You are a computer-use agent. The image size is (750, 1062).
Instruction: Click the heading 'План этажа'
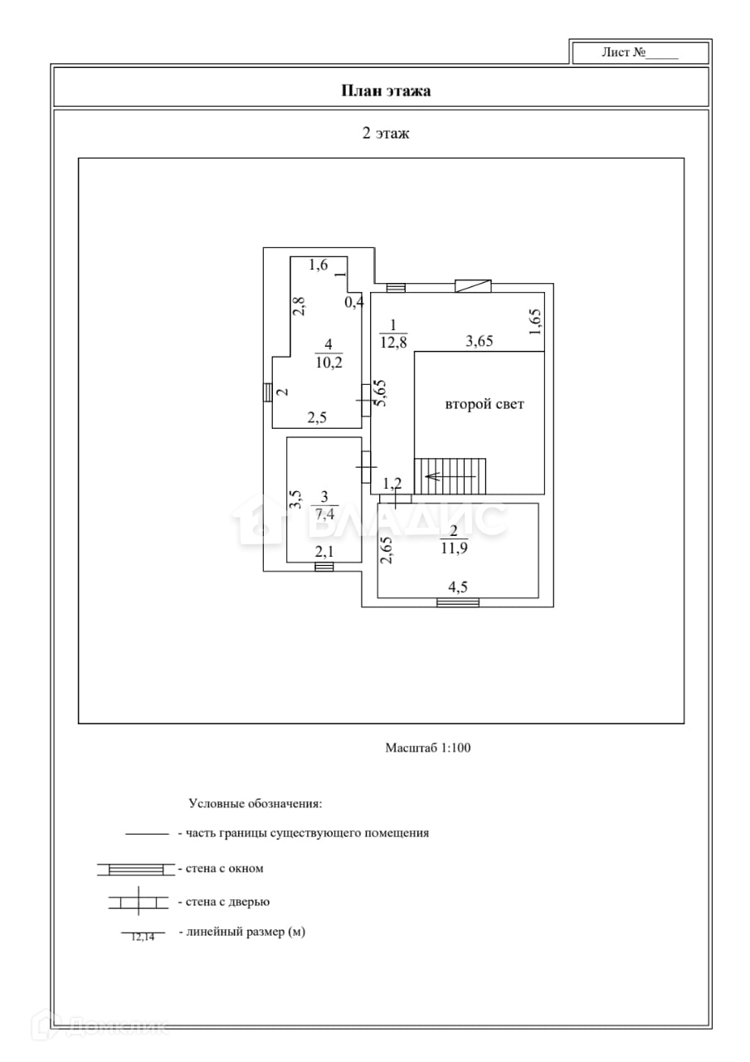point(386,90)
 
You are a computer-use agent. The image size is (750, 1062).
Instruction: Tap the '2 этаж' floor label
point(386,133)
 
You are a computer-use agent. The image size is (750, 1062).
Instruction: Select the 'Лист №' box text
point(640,52)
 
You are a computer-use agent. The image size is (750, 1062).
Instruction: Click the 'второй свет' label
point(485,405)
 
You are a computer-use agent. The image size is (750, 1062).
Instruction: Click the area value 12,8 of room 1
point(393,340)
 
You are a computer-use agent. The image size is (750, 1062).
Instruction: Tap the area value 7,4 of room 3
point(324,513)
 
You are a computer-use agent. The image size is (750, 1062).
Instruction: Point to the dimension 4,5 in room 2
point(457,587)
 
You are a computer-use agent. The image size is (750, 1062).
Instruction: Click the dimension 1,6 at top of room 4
point(319,265)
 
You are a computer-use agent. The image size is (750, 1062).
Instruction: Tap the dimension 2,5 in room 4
point(316,418)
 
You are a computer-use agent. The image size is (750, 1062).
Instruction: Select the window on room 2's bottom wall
point(458,603)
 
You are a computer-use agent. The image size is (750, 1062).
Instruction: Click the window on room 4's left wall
point(268,392)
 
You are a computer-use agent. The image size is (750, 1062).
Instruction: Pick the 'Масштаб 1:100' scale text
point(427,748)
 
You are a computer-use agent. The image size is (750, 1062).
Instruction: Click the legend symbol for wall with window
point(136,869)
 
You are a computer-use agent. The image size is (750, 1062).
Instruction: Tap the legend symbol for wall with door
point(137,902)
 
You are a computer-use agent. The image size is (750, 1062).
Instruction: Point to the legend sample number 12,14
point(143,937)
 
